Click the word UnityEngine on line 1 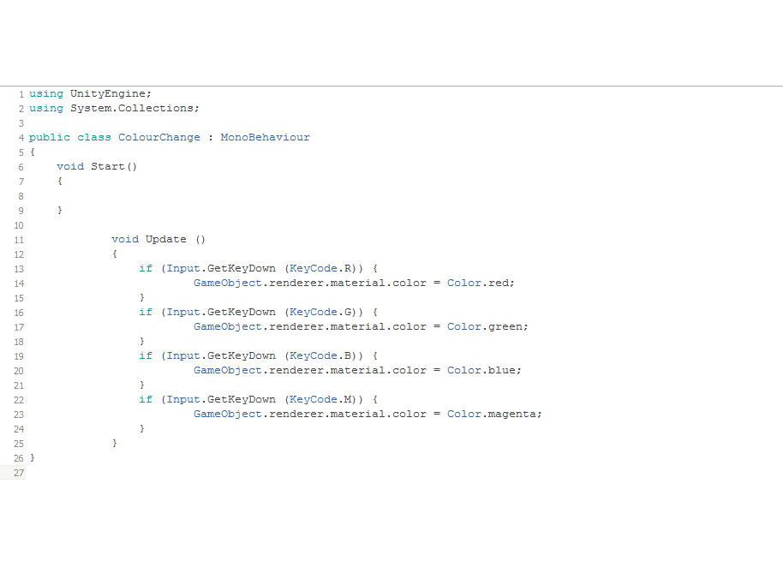tap(108, 94)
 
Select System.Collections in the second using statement tap(132, 108)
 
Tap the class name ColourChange tap(159, 137)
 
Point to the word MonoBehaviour tap(266, 137)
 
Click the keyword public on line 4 tap(50, 138)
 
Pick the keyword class tap(94, 137)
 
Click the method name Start tap(107, 166)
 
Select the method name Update tap(166, 239)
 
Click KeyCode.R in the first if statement tap(320, 269)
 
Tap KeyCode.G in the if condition tap(320, 312)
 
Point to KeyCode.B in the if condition tap(320, 355)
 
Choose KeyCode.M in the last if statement tap(320, 399)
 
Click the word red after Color tap(499, 283)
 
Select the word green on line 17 tap(505, 327)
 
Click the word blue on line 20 tap(502, 370)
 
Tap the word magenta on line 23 tap(511, 415)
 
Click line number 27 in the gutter tap(19, 473)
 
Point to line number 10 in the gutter tap(19, 225)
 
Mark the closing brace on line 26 tap(33, 457)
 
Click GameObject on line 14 tap(228, 283)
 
